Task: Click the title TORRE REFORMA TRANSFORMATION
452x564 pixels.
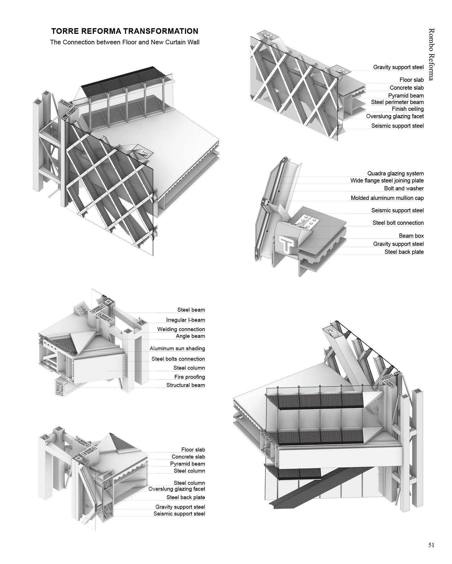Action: pos(125,31)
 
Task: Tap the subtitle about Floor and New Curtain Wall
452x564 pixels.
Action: pos(125,42)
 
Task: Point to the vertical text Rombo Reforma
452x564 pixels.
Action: pos(431,54)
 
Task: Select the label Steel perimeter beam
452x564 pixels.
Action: pos(397,102)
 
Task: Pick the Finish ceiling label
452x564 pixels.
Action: pos(407,109)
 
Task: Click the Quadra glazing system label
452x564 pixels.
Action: pos(395,173)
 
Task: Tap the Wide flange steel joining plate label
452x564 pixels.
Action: pos(387,180)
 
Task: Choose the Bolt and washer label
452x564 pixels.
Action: pos(404,188)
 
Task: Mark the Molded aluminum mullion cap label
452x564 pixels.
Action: pos(387,198)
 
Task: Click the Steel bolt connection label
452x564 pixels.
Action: pos(398,223)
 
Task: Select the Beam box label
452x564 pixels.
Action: pos(411,236)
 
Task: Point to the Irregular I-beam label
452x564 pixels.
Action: pos(186,320)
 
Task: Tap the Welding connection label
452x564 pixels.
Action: pos(181,329)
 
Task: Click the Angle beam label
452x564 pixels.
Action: pos(190,336)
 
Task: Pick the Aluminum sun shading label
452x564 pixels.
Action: pos(177,348)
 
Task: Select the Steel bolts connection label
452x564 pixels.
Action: pos(178,359)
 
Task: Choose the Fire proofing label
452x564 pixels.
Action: pos(189,377)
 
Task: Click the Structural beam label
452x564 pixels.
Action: pos(186,385)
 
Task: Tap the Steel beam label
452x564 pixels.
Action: pos(191,310)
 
